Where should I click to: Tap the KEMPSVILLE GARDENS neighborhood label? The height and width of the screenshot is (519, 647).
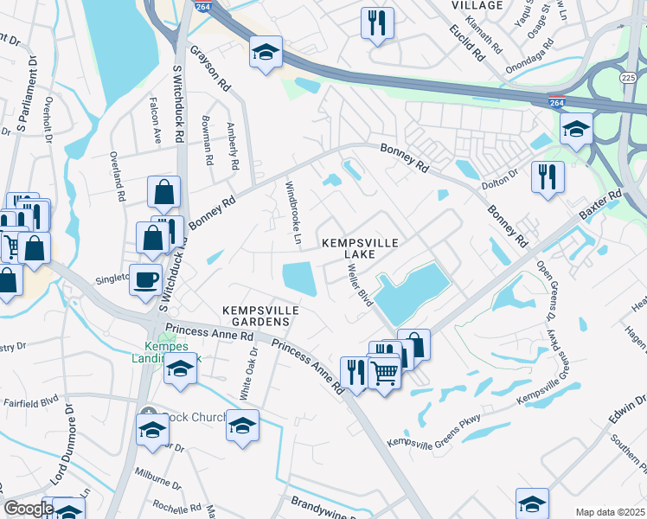click(x=260, y=315)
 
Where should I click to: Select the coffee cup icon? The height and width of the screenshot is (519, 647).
click(x=144, y=279)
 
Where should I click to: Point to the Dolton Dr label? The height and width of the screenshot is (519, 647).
click(x=499, y=175)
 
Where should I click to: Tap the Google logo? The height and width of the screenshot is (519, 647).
click(x=28, y=509)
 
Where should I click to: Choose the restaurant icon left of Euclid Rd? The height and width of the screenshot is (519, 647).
click(x=377, y=23)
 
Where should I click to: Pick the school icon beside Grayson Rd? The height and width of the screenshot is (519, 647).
click(x=266, y=52)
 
